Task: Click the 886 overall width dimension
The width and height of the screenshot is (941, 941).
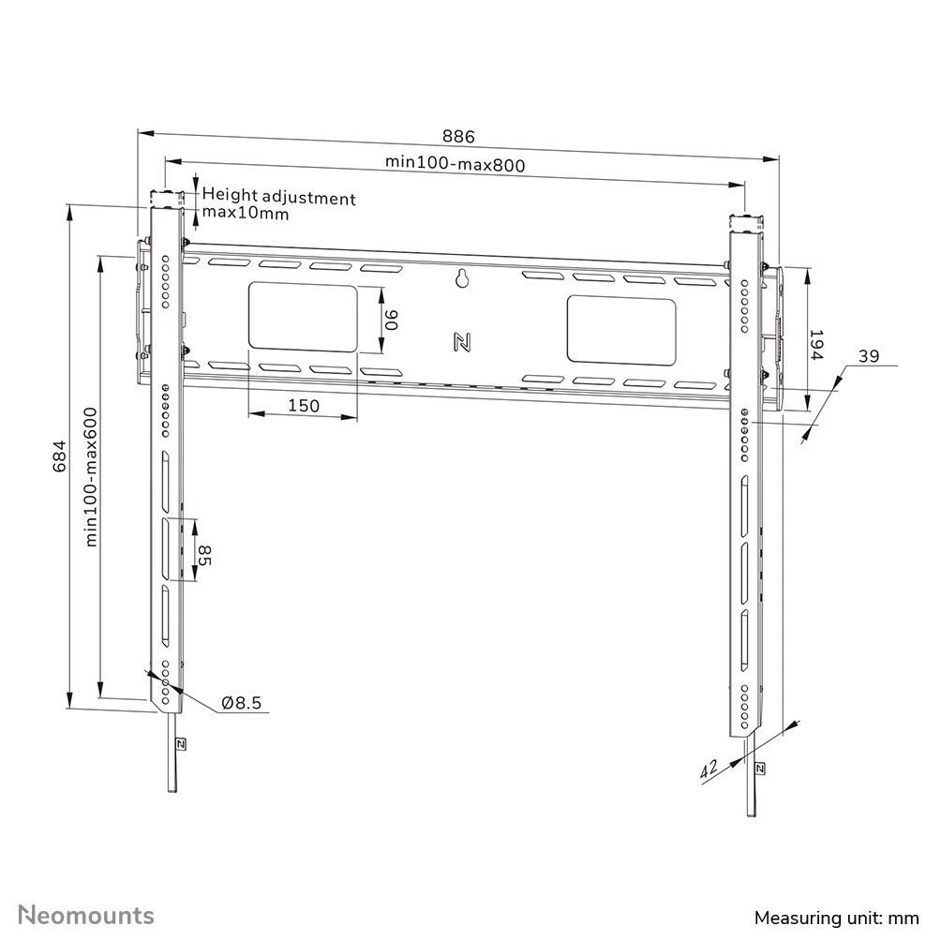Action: point(459,137)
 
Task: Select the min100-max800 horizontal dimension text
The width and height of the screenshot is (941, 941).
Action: point(455,162)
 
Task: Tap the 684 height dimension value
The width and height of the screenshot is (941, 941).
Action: point(58,456)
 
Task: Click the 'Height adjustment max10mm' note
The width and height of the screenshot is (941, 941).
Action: point(278,205)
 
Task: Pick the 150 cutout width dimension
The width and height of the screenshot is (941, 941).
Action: point(303,406)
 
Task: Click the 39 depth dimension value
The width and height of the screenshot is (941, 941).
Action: point(868,355)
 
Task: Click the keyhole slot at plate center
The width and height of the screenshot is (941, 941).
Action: point(461,278)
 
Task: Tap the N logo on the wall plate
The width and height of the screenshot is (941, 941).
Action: point(461,341)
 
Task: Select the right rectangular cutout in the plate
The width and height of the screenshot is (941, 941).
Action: point(620,330)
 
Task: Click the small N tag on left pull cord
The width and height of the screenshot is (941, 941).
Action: point(179,745)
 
